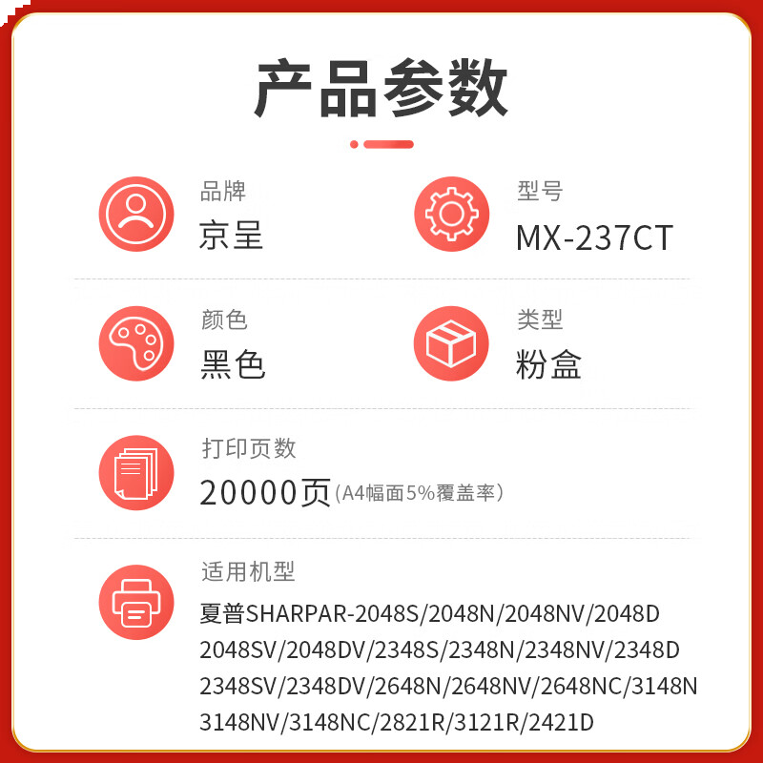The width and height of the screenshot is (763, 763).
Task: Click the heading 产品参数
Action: pyautogui.click(x=381, y=88)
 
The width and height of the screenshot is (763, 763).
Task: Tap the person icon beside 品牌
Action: pyautogui.click(x=136, y=215)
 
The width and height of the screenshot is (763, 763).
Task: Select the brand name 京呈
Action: pyautogui.click(x=232, y=236)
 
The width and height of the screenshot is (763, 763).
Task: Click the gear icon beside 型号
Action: pyautogui.click(x=451, y=215)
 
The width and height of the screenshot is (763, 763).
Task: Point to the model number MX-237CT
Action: pyautogui.click(x=594, y=237)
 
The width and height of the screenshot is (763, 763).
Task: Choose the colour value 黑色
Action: pyautogui.click(x=233, y=364)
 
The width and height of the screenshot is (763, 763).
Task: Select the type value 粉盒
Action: pyautogui.click(x=548, y=364)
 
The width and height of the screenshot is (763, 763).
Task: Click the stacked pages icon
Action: pyautogui.click(x=136, y=472)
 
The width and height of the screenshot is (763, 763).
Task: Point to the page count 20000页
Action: pyautogui.click(x=265, y=492)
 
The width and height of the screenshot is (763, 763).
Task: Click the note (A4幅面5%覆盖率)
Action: pyautogui.click(x=419, y=493)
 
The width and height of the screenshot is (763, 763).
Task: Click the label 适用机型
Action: pyautogui.click(x=248, y=571)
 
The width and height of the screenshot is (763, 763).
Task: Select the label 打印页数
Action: pyautogui.click(x=248, y=447)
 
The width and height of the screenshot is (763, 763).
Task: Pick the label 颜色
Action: pyautogui.click(x=224, y=320)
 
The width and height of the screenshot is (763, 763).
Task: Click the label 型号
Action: pyautogui.click(x=540, y=191)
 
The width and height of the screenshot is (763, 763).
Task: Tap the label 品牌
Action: pyautogui.click(x=223, y=191)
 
